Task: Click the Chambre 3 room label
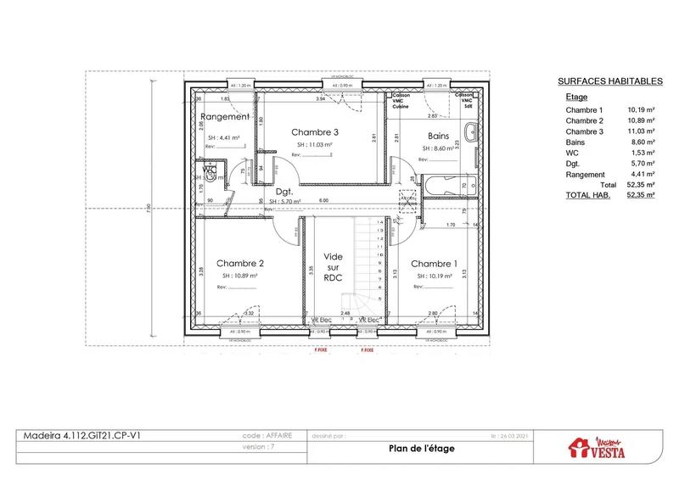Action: point(315,132)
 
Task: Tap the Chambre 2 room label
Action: point(240,263)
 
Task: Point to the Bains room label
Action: point(437,134)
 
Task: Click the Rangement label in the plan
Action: point(225,117)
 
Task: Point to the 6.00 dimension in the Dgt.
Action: point(323,200)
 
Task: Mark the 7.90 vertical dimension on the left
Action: point(148,207)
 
